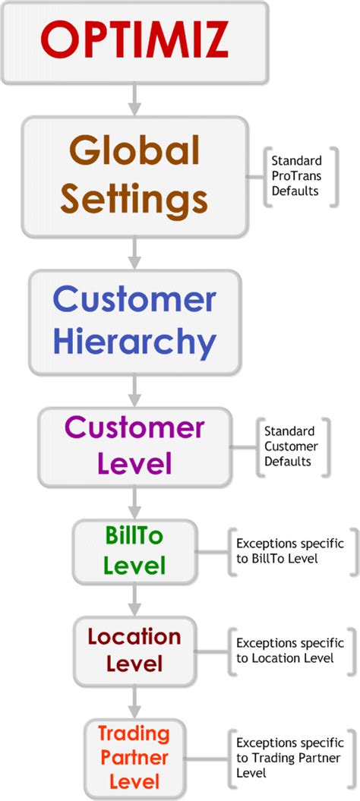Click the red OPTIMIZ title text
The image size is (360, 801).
click(x=134, y=41)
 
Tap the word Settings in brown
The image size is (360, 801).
click(x=134, y=200)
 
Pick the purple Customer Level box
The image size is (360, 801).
click(x=134, y=446)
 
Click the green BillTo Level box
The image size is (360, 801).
click(x=134, y=550)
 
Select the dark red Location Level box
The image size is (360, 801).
click(x=134, y=651)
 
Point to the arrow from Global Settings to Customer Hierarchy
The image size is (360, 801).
click(x=134, y=253)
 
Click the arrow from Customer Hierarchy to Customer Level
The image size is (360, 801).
click(x=134, y=391)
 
